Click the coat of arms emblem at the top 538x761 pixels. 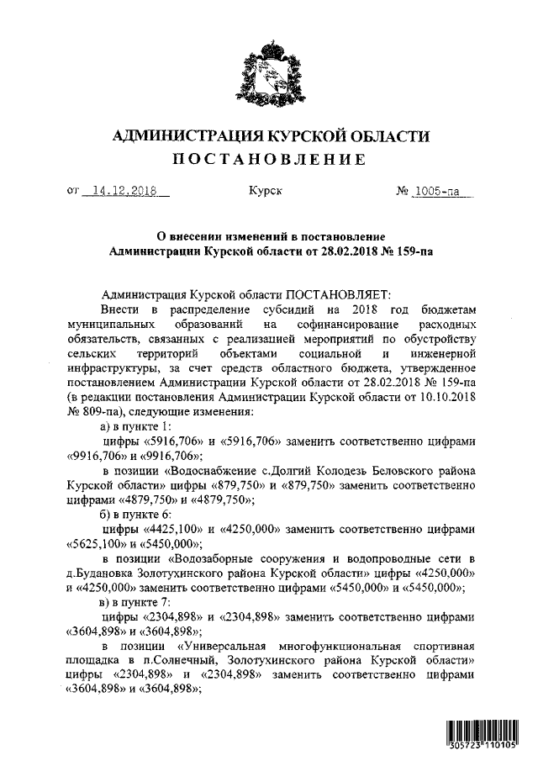(x=269, y=73)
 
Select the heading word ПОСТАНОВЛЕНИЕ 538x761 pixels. (x=269, y=160)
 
